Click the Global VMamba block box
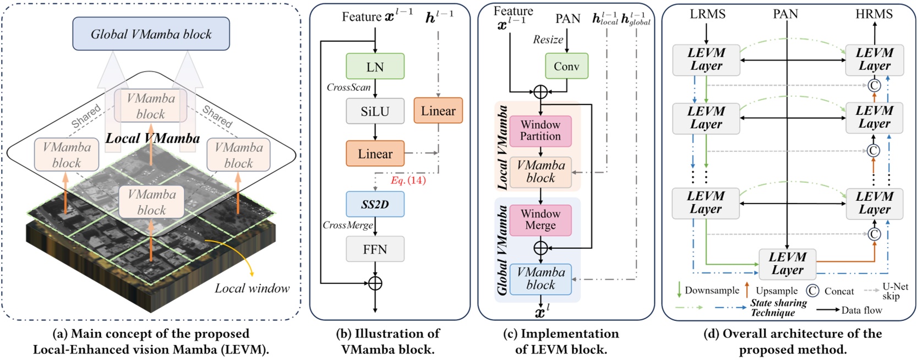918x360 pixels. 151,34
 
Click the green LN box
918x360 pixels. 375,67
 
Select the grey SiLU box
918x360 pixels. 375,111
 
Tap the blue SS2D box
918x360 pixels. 375,204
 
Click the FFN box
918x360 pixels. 375,249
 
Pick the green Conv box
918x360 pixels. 566,66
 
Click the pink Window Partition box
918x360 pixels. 540,131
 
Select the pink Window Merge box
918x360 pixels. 540,220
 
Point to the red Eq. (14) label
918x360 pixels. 408,181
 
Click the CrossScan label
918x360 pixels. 348,87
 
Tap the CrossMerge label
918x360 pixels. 347,225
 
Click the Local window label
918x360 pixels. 252,288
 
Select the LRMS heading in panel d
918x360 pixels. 707,14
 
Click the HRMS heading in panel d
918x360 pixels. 873,14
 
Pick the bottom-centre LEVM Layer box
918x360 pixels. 787,264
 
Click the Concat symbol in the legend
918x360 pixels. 812,291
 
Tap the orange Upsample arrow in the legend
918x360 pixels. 747,290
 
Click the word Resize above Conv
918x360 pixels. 548,40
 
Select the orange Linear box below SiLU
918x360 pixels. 375,154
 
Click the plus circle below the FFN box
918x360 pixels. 375,283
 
